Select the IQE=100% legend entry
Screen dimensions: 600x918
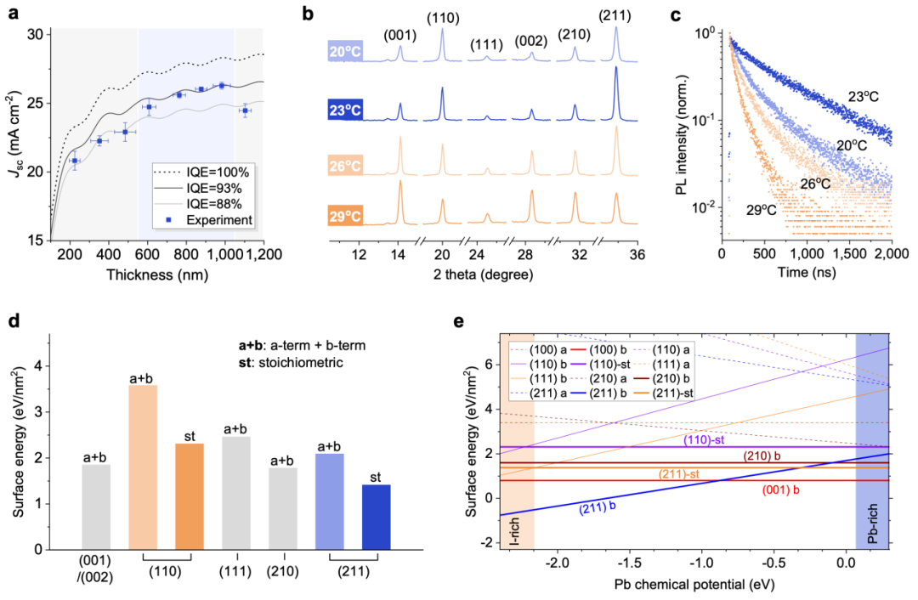point(212,170)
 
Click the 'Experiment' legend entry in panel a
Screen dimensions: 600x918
point(219,220)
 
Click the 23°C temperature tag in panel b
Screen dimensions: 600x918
point(342,110)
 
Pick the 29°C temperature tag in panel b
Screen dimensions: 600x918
point(342,216)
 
